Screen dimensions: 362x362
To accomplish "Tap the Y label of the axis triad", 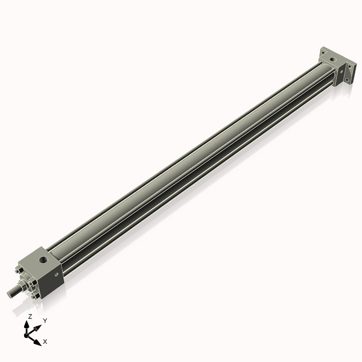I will click(45, 320).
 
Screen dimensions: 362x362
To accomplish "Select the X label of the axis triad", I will click(45, 341).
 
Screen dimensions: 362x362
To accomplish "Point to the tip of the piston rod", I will click(10, 293).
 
